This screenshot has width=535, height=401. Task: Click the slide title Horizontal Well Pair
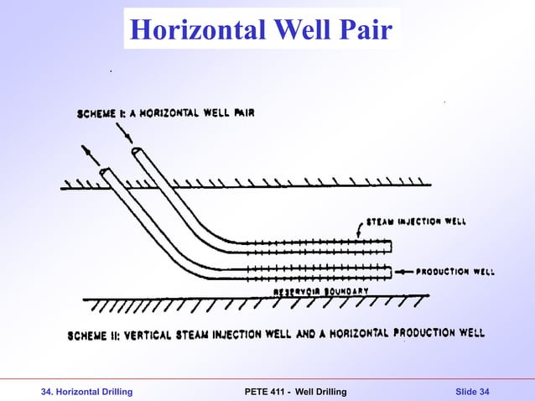coord(261,31)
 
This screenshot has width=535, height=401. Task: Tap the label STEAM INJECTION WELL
coord(415,221)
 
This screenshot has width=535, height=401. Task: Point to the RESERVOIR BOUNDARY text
coord(321,290)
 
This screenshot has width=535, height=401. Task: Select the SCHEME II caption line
coord(276,333)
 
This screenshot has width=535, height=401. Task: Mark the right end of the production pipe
coord(391,272)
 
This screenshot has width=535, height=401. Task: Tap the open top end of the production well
coord(105,173)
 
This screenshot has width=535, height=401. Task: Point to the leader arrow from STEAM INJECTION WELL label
coord(360,232)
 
